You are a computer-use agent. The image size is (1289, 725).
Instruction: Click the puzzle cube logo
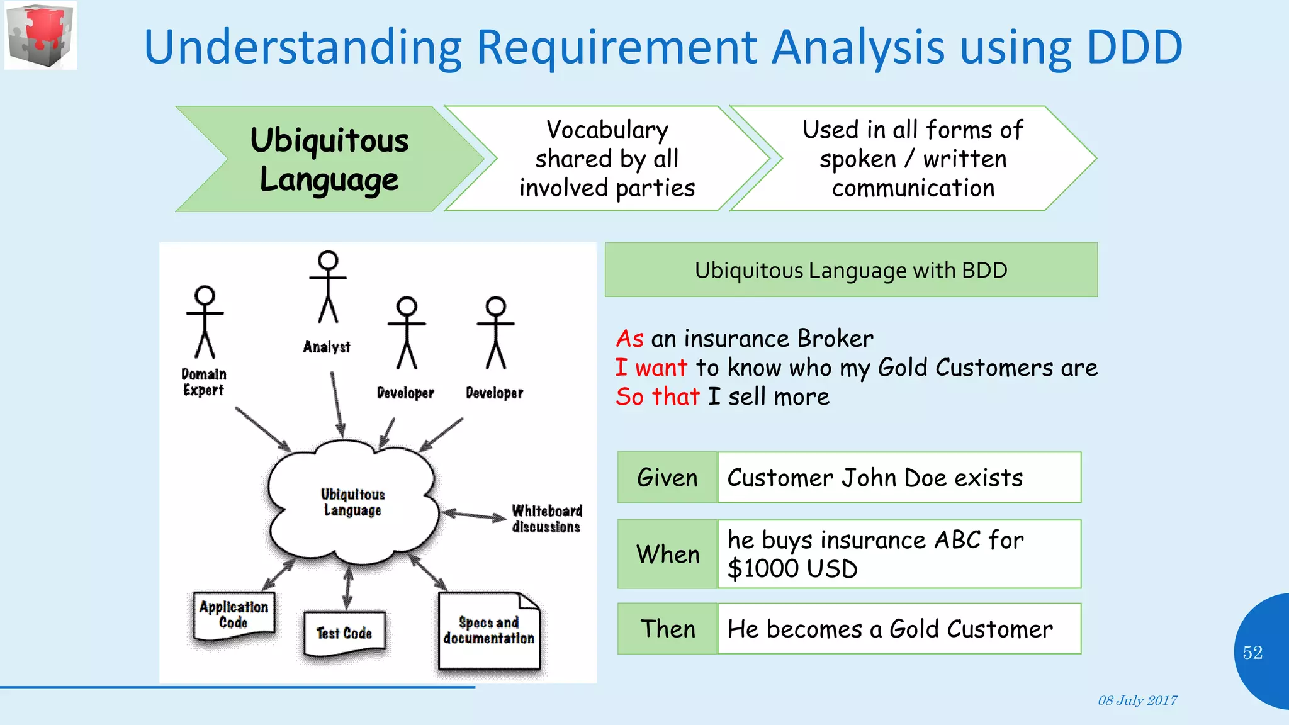(40, 35)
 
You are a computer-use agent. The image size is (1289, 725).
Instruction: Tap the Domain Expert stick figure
(205, 322)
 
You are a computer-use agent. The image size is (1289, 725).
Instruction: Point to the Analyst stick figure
(328, 287)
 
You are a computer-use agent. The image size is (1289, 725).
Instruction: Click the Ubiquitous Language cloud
(352, 502)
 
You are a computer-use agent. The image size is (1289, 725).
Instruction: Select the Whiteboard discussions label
(546, 519)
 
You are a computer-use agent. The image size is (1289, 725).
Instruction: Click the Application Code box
(234, 615)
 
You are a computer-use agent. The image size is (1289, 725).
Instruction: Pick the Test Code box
(344, 634)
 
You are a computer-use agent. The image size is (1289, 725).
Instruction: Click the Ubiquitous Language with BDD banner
(851, 270)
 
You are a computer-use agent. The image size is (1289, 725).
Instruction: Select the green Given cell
(667, 478)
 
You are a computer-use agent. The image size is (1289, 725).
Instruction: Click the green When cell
(667, 554)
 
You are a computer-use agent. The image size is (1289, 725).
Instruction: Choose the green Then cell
(667, 629)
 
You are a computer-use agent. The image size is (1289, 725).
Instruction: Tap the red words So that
(657, 396)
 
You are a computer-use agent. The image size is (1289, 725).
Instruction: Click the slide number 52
(1252, 653)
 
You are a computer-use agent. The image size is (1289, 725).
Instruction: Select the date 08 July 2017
(1137, 700)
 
